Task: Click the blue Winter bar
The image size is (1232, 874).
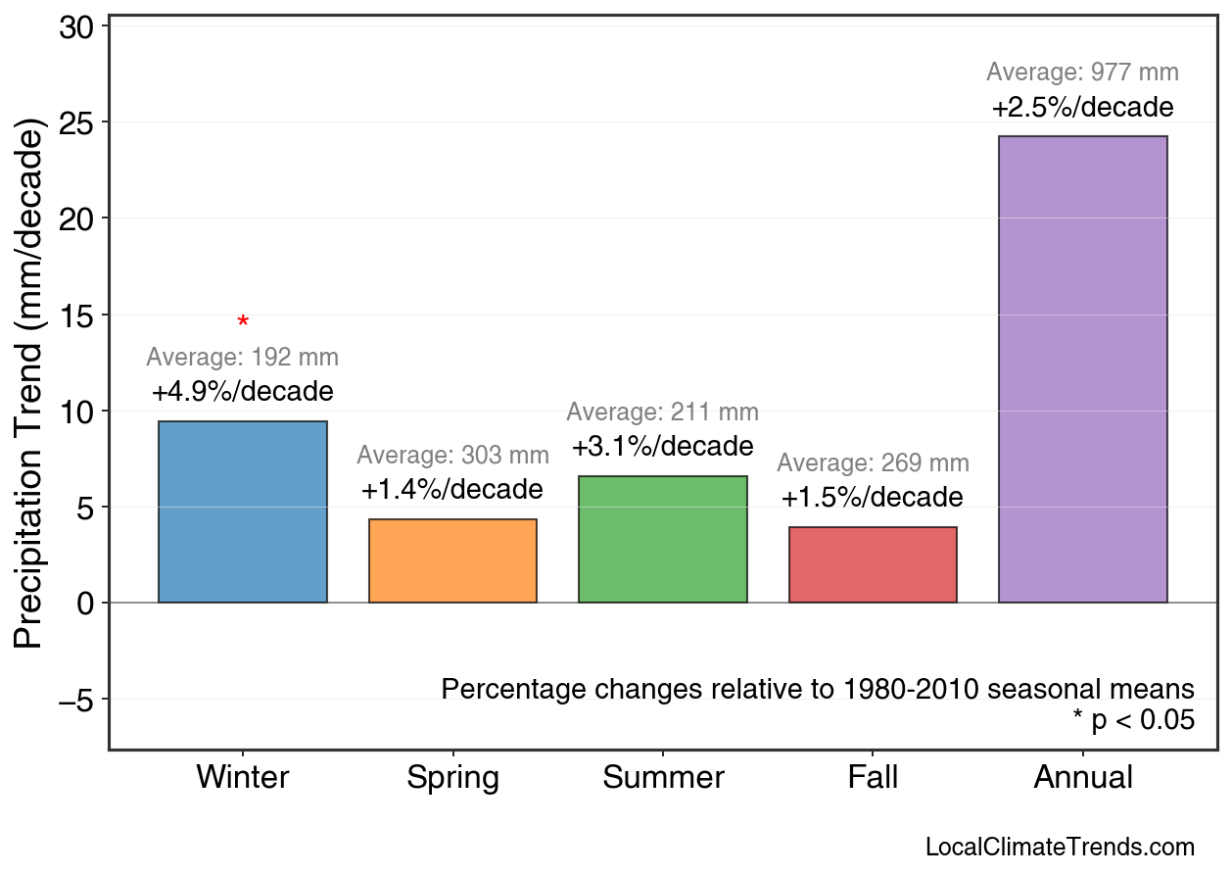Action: click(x=243, y=511)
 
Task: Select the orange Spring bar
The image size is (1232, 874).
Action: click(x=452, y=560)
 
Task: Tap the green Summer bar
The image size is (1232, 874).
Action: click(x=663, y=539)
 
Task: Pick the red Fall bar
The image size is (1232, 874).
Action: click(x=873, y=564)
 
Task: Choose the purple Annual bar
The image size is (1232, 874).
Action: click(x=1082, y=369)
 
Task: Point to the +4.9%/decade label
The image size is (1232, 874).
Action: click(x=243, y=392)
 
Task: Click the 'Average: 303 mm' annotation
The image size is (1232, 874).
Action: click(x=452, y=456)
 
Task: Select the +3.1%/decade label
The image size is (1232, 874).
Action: click(x=663, y=447)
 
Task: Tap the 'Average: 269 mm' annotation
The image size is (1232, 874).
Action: click(x=873, y=463)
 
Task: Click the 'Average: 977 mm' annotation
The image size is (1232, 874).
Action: click(x=1082, y=73)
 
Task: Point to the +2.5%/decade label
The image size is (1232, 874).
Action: click(x=1082, y=107)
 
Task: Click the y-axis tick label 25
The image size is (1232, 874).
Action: click(x=76, y=123)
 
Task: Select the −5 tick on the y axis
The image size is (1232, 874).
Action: click(x=76, y=700)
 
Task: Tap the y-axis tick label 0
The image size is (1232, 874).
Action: click(x=85, y=604)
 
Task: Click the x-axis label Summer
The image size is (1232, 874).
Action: click(x=663, y=778)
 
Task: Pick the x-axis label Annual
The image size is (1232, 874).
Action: click(x=1082, y=778)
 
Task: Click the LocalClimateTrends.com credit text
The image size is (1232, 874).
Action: click(x=1060, y=848)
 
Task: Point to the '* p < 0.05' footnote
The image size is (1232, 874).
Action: click(x=1133, y=721)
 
